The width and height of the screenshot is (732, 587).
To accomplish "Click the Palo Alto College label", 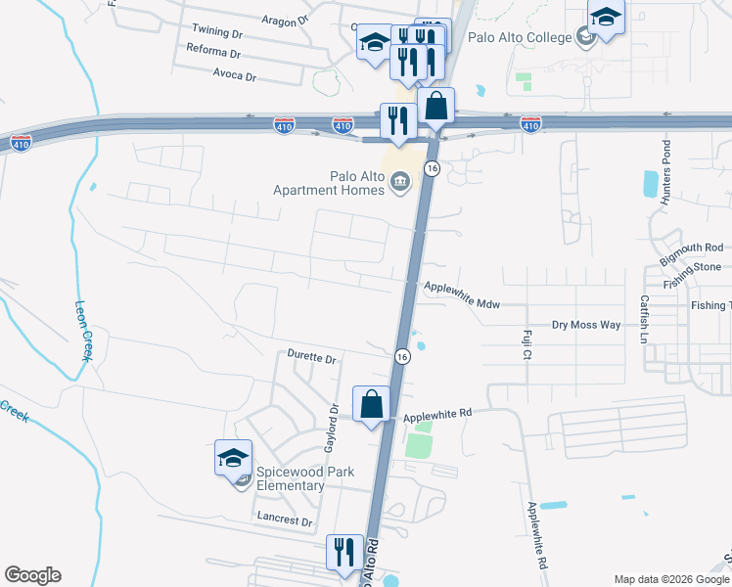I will point(520,37).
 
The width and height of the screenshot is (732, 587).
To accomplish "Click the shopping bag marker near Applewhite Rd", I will point(372,404).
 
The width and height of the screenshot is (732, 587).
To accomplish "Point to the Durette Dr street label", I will point(311,357).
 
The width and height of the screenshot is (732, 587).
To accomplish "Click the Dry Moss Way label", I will point(586,324).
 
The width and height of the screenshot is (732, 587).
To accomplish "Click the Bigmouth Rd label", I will point(691,252).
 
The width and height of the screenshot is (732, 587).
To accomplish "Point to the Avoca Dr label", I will point(237,75).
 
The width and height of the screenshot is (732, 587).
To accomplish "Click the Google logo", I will point(32,575).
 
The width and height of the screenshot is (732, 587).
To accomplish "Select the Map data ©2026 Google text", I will point(670,579).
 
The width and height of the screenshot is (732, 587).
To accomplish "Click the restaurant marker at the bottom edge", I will point(344,553).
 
